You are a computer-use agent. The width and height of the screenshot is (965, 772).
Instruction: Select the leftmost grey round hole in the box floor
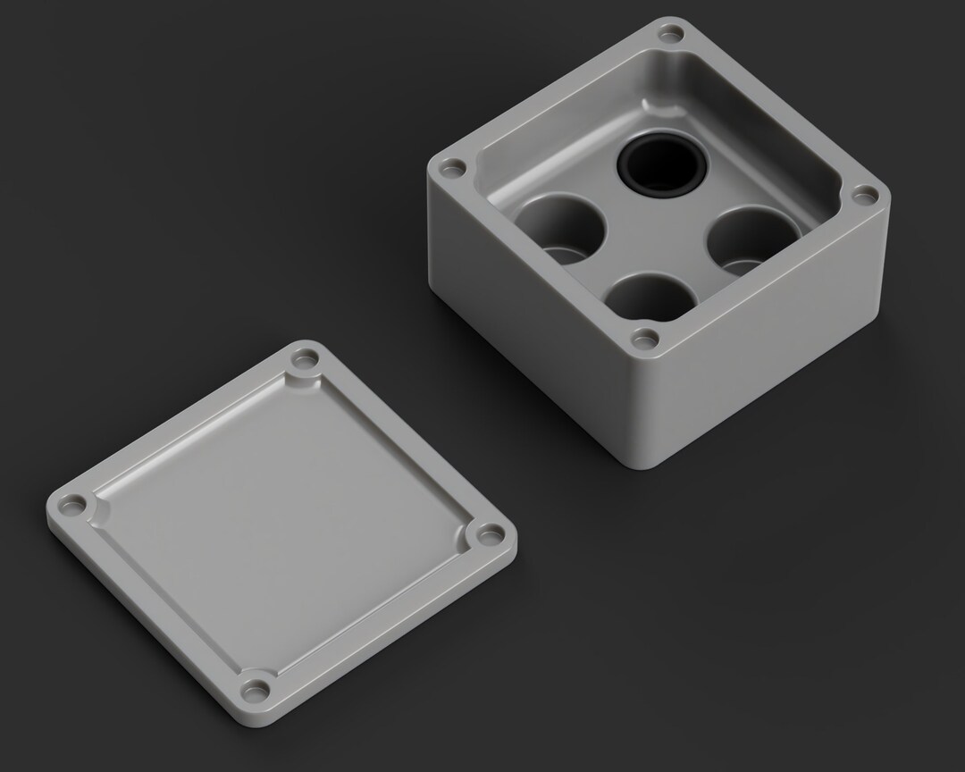pyautogui.click(x=560, y=230)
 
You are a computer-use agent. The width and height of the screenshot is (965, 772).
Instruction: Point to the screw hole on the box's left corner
pyautogui.click(x=452, y=167)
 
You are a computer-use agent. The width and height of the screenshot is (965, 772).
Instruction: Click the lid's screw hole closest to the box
pyautogui.click(x=305, y=362)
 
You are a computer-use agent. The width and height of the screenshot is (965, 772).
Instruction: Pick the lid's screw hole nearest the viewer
pyautogui.click(x=256, y=689)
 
